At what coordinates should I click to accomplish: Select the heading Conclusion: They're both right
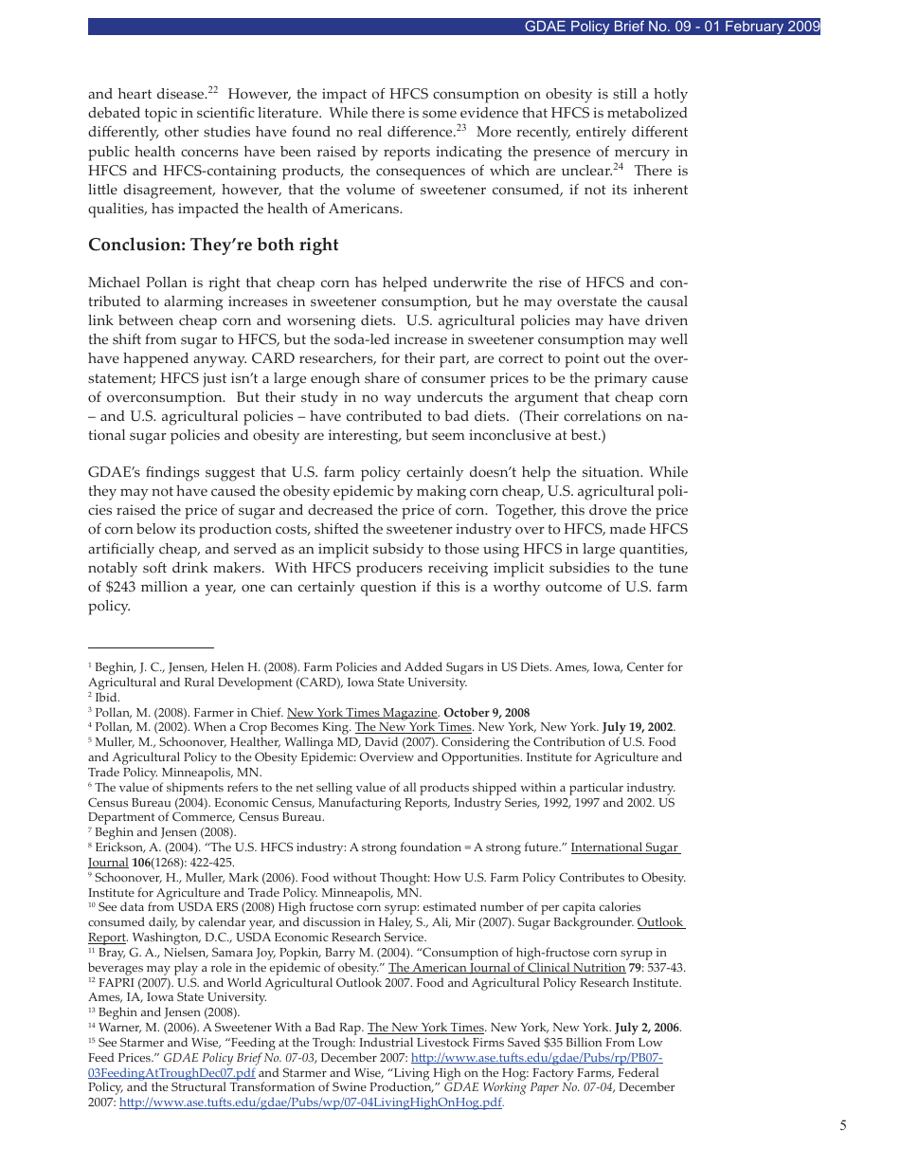pyautogui.click(x=213, y=245)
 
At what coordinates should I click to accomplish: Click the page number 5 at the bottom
pyautogui.click(x=842, y=1125)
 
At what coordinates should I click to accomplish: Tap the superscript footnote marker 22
pyautogui.click(x=213, y=90)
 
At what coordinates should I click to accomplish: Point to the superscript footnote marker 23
pyautogui.click(x=460, y=128)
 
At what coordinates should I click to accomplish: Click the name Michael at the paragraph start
pyautogui.click(x=115, y=282)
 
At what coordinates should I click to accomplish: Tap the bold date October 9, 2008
pyautogui.click(x=487, y=713)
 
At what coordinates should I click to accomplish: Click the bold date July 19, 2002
pyautogui.click(x=638, y=727)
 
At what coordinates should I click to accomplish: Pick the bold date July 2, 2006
pyautogui.click(x=647, y=1028)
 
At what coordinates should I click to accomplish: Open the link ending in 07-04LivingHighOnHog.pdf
pyautogui.click(x=311, y=1102)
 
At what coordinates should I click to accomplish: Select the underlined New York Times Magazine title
pyautogui.click(x=362, y=713)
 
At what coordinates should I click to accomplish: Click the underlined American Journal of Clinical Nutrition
pyautogui.click(x=506, y=967)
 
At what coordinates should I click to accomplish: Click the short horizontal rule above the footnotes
pyautogui.click(x=151, y=648)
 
